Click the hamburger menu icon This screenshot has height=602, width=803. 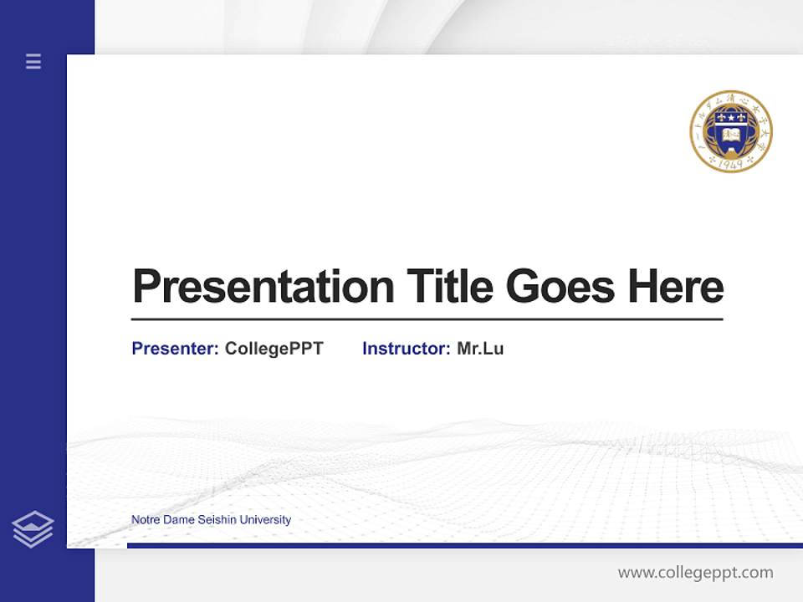(x=33, y=61)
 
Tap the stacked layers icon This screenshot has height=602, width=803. (x=33, y=529)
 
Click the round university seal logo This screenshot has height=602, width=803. (x=730, y=132)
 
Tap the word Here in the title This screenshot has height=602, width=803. (x=676, y=286)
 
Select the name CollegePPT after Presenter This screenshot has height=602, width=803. (x=274, y=349)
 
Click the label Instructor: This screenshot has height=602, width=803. (x=407, y=349)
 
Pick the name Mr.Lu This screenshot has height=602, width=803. (x=480, y=349)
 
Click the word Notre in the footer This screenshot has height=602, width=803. (x=145, y=520)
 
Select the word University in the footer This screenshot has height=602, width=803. (x=265, y=520)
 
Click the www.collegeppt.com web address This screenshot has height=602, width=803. (x=695, y=573)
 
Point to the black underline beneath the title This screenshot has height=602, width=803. (x=427, y=319)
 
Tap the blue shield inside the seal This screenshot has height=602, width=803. (x=730, y=130)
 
